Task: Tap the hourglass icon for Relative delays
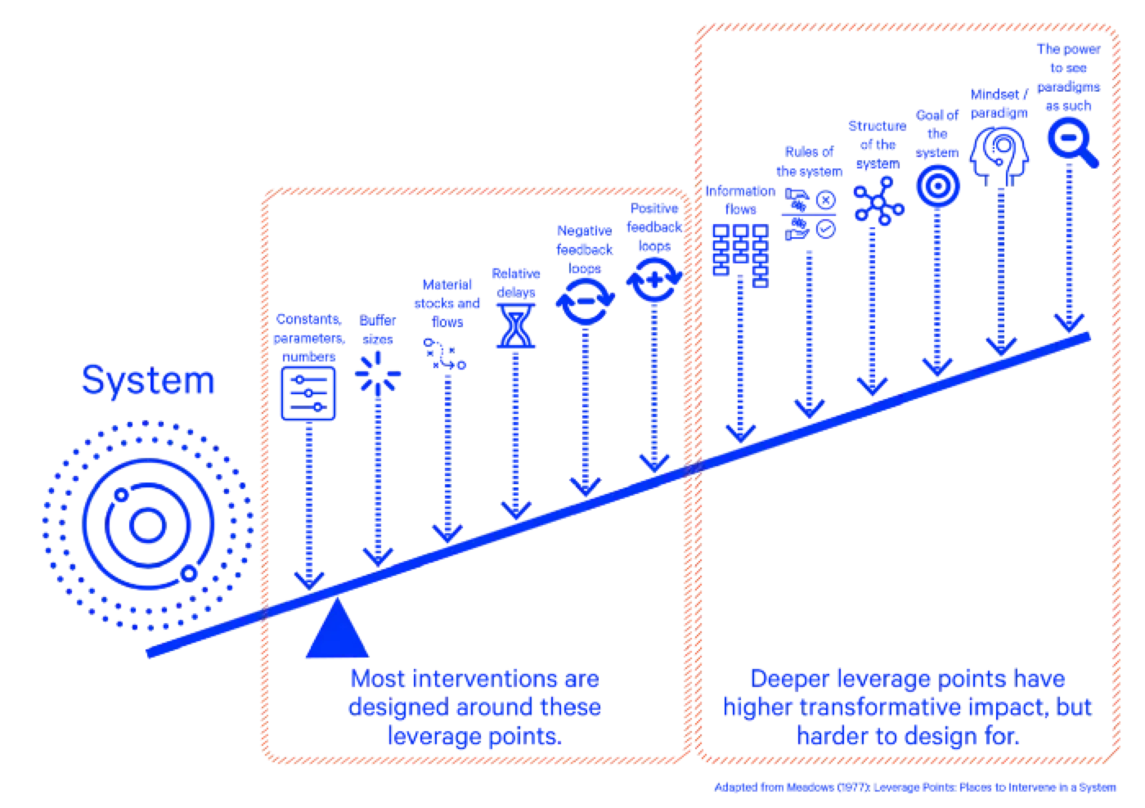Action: pyautogui.click(x=516, y=326)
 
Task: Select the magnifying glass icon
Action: pyautogui.click(x=1072, y=142)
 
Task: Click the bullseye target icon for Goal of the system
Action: pyautogui.click(x=937, y=186)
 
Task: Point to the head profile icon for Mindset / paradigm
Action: pyautogui.click(x=999, y=156)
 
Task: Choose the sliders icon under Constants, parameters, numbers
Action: pyautogui.click(x=308, y=393)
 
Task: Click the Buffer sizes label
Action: pyautogui.click(x=378, y=330)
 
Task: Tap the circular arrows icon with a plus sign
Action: pyautogui.click(x=654, y=280)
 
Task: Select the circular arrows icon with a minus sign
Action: pyautogui.click(x=586, y=302)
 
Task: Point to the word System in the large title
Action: pyautogui.click(x=148, y=381)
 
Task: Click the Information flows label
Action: pyautogui.click(x=740, y=200)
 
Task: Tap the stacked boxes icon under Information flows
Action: pyautogui.click(x=741, y=255)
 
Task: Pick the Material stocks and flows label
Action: pyautogui.click(x=447, y=303)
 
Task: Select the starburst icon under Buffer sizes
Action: pyautogui.click(x=378, y=374)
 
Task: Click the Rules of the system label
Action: pyautogui.click(x=809, y=161)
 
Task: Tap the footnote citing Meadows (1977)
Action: pyautogui.click(x=915, y=788)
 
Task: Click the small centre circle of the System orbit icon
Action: pyautogui.click(x=148, y=525)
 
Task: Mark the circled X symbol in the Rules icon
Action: pyautogui.click(x=825, y=200)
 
